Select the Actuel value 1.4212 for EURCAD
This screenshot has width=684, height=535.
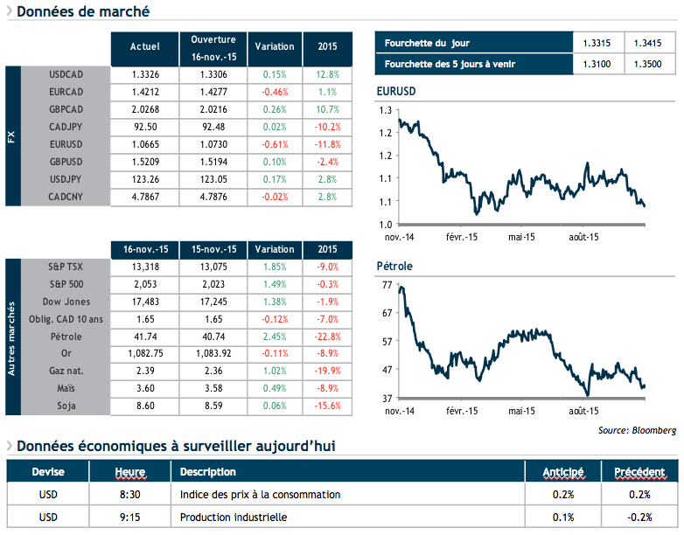coord(144,92)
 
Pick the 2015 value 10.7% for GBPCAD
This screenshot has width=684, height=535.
coord(326,109)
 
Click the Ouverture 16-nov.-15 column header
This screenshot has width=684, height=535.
coord(213,48)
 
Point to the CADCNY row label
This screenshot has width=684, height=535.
coord(66,197)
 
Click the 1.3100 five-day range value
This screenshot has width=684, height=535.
coord(595,64)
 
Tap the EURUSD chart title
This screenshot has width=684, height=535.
coord(395,92)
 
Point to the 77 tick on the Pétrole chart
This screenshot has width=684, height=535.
coord(386,285)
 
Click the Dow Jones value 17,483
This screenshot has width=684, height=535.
coord(144,301)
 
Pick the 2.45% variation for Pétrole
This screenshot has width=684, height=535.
coord(275,336)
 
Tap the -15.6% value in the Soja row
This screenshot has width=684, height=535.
coord(326,406)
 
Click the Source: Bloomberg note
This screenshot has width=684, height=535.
coord(637,430)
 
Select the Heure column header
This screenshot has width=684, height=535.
coord(129,472)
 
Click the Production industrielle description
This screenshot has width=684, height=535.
coord(234,518)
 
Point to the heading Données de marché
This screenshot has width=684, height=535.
coord(82,12)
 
